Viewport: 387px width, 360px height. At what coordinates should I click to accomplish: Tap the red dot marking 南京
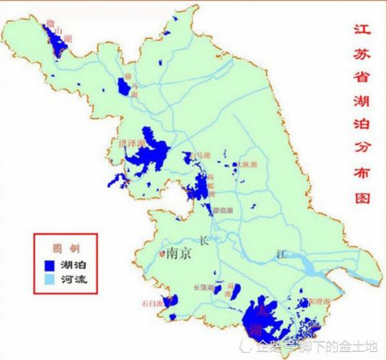click(161, 253)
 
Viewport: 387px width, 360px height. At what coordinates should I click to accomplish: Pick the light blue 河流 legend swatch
click(50, 278)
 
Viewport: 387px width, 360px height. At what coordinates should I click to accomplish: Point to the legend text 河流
click(71, 278)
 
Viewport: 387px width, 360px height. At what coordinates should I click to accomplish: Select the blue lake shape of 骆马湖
click(124, 87)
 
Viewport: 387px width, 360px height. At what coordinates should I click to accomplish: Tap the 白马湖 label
click(199, 155)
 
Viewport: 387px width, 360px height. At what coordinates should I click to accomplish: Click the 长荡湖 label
click(204, 289)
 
